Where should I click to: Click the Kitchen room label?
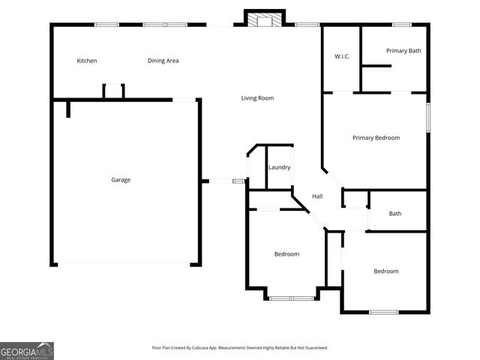(x=87, y=61)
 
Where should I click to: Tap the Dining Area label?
(x=163, y=61)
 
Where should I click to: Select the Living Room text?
(x=257, y=98)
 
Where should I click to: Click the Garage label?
(x=121, y=180)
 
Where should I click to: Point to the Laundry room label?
(x=279, y=167)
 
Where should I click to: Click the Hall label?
(x=317, y=196)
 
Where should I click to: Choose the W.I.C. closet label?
(x=343, y=57)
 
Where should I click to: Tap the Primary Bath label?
(x=403, y=51)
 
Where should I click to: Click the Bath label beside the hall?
(x=395, y=214)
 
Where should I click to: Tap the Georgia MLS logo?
(x=27, y=351)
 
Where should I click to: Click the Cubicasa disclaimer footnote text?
(x=240, y=348)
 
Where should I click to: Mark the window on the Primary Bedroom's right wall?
(x=429, y=118)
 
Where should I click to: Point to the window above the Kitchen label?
(x=106, y=25)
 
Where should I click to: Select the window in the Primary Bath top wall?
(x=401, y=25)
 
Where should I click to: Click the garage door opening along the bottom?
(x=126, y=263)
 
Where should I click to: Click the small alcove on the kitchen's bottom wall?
(x=113, y=91)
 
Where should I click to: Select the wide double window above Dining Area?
(x=165, y=25)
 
